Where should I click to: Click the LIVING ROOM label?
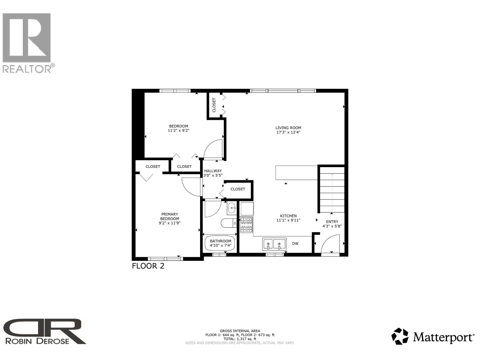288,127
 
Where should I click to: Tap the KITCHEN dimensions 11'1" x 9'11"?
288,220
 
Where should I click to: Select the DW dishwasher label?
295,244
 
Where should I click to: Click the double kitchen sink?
274,244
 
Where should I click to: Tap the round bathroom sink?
232,208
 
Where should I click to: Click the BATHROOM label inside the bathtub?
220,241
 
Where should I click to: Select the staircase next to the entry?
332,190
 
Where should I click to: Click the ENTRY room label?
332,222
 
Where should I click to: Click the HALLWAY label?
213,171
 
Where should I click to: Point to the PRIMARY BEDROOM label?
169,216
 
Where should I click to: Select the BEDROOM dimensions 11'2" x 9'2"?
178,130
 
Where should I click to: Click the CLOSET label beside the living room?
214,105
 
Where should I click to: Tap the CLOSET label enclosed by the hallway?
238,189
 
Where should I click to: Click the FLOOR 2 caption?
148,266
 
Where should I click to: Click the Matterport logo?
433,337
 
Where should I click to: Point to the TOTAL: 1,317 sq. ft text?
240,339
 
